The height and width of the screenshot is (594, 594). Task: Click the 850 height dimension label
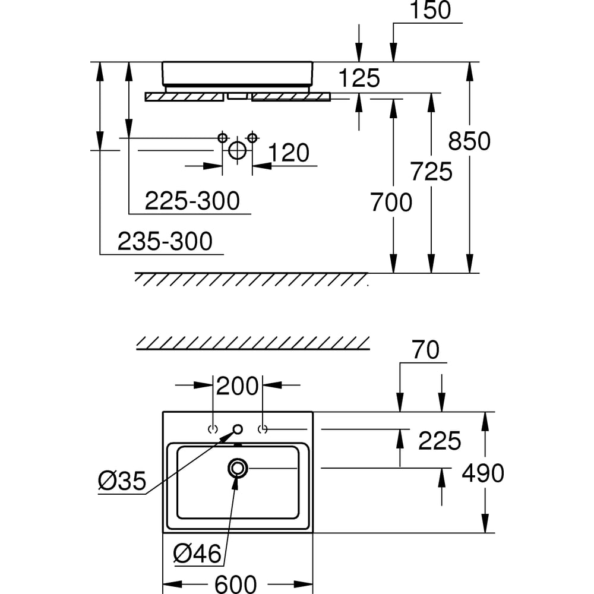click(469, 141)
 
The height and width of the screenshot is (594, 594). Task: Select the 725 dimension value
click(431, 172)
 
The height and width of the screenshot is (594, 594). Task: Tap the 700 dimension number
click(391, 203)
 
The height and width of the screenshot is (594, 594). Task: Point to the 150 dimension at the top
click(430, 10)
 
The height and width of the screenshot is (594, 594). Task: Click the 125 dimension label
click(358, 78)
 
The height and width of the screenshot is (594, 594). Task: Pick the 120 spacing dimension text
click(289, 153)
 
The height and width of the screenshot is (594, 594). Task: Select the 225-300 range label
click(192, 201)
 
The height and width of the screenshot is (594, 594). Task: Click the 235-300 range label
click(165, 242)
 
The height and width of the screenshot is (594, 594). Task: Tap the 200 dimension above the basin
click(237, 386)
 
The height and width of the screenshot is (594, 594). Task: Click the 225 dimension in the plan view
click(440, 441)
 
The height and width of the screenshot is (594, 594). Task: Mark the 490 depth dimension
click(482, 473)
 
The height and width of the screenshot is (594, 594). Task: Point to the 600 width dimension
click(236, 583)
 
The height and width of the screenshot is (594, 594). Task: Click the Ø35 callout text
click(122, 482)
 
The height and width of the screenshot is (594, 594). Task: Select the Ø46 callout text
click(197, 555)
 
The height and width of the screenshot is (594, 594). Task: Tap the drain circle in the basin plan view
click(238, 468)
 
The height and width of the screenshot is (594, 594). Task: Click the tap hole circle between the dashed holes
click(238, 429)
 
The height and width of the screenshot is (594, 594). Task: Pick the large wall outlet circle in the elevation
click(237, 150)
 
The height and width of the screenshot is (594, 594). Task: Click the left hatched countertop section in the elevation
click(184, 97)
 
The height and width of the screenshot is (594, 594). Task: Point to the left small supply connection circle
click(223, 138)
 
